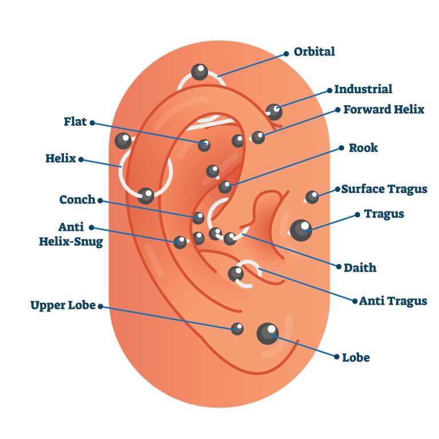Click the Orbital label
click(x=314, y=51)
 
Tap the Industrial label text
click(x=363, y=89)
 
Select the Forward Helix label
click(x=384, y=109)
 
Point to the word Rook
click(x=363, y=147)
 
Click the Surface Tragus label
click(x=384, y=189)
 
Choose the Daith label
click(x=360, y=267)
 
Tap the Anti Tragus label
click(x=393, y=301)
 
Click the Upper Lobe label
click(x=63, y=305)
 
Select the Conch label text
click(x=77, y=199)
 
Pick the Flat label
click(x=75, y=122)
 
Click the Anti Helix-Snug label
click(x=71, y=234)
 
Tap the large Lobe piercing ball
click(x=268, y=333)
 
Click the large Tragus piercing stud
click(x=301, y=230)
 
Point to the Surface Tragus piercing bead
click(x=312, y=197)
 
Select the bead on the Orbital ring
click(x=199, y=72)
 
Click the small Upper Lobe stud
click(x=237, y=328)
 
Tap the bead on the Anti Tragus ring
click(x=236, y=274)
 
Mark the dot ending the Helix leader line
click(x=81, y=159)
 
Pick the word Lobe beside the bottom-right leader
click(x=356, y=358)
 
